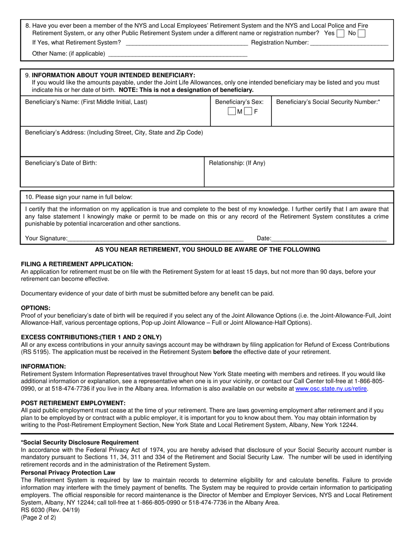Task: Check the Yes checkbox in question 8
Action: click(341, 33)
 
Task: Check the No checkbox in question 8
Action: click(362, 33)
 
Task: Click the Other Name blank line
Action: click(177, 54)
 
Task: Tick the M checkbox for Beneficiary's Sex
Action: click(232, 112)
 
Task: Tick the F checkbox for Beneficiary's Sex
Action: click(248, 112)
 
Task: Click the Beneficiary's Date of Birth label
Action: click(61, 163)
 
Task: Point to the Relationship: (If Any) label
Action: click(237, 163)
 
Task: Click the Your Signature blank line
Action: click(156, 238)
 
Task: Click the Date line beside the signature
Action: click(329, 238)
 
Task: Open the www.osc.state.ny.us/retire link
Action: click(331, 389)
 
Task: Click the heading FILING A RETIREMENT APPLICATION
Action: click(77, 264)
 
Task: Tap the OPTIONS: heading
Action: click(36, 308)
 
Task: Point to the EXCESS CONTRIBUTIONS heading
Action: click(91, 337)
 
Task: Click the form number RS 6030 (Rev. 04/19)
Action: click(50, 510)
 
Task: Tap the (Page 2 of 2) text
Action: click(39, 518)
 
